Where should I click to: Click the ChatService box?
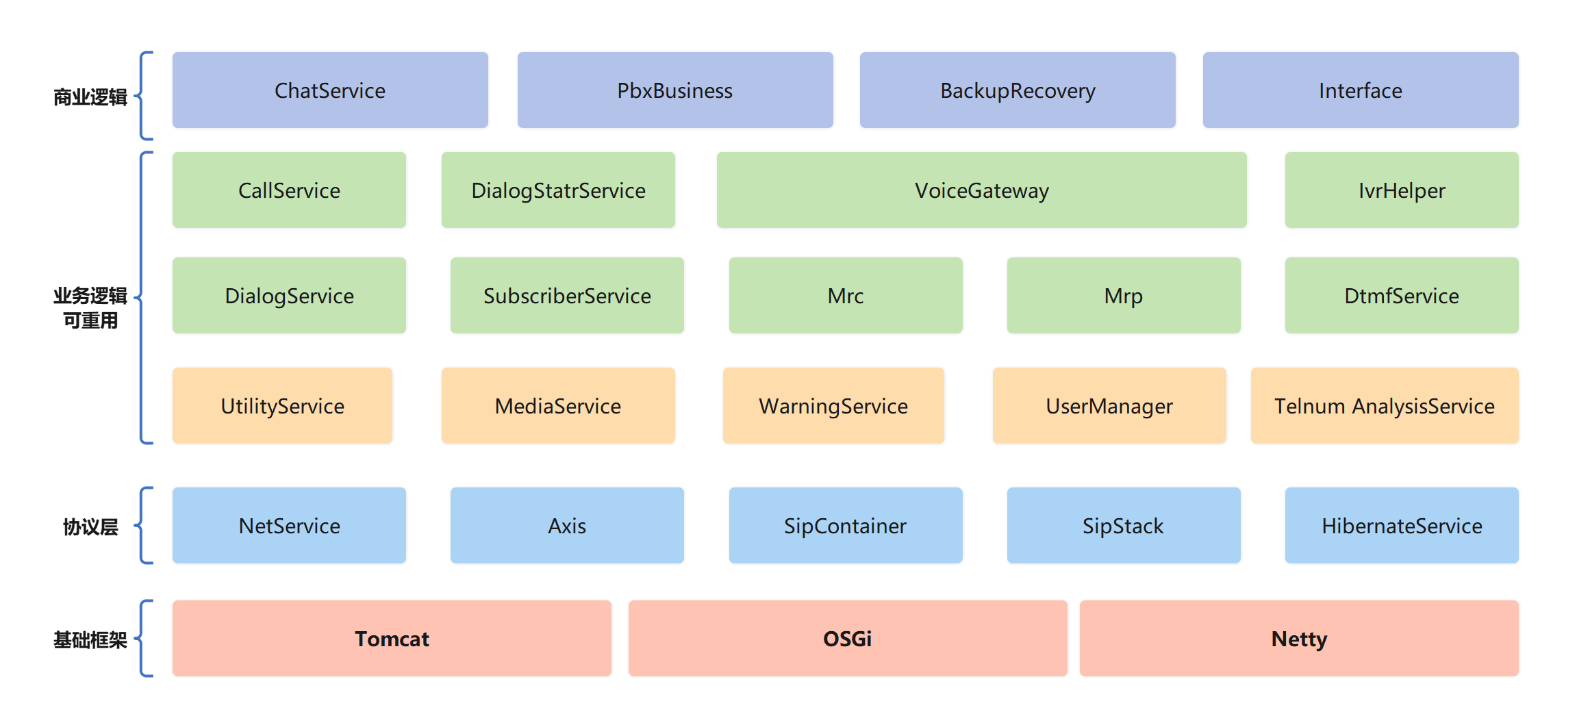coord(330,90)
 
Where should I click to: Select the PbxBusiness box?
coord(675,90)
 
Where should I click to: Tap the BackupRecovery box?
coord(1018,90)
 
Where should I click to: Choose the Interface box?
coord(1361,90)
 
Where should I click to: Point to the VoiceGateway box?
coord(981,190)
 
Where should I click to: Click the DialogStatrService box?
coord(558,190)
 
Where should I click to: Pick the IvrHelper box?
coord(1402,190)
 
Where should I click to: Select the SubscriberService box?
coord(567,296)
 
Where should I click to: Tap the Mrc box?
coord(846,296)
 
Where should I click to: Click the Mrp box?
coord(1124,296)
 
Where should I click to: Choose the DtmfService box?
coord(1402,296)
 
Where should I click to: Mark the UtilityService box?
coord(282,406)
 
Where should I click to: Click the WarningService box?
coord(833,406)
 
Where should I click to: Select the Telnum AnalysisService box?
coord(1385,406)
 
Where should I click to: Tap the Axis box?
coord(567,526)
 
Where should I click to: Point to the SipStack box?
coord(1124,526)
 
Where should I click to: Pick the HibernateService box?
coord(1402,526)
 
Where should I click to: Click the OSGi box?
coord(848,639)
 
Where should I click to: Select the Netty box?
coord(1299,639)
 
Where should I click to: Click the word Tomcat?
coord(392,639)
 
